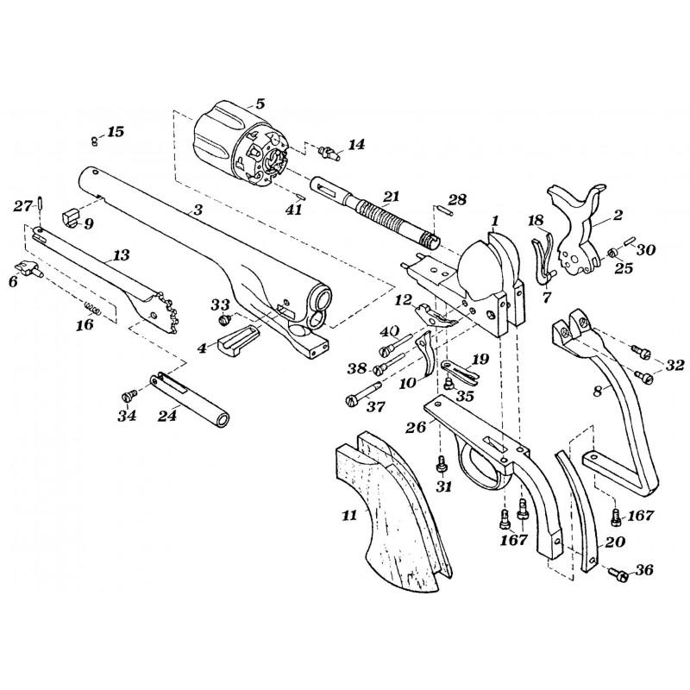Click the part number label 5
coord(260,103)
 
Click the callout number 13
coord(121,256)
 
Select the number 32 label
coord(674,365)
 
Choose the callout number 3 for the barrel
coord(198,210)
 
